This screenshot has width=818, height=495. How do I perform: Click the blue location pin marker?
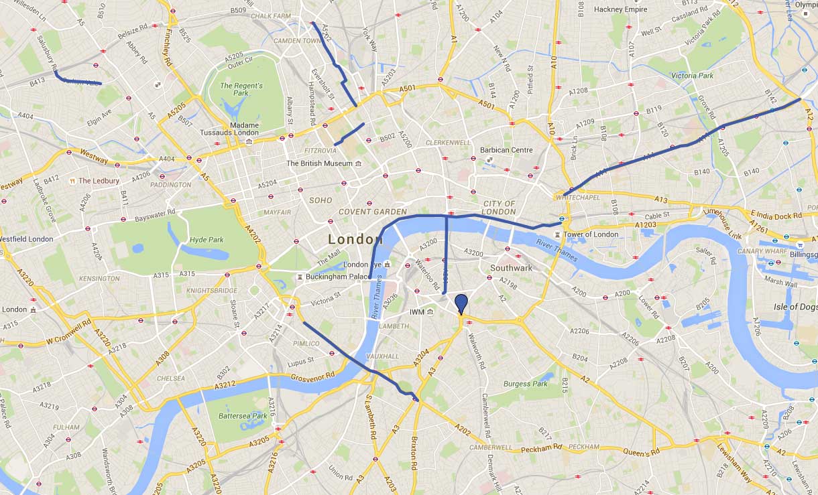pyautogui.click(x=461, y=303)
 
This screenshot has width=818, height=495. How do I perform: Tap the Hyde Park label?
pyautogui.click(x=207, y=240)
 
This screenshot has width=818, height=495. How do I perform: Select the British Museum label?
pyautogui.click(x=319, y=163)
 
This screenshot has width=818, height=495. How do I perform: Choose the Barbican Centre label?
pyautogui.click(x=506, y=150)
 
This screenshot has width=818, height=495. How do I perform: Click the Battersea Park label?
pyautogui.click(x=242, y=416)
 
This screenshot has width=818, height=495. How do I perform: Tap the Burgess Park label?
pyautogui.click(x=526, y=384)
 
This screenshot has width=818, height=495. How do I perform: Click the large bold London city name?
pyautogui.click(x=355, y=239)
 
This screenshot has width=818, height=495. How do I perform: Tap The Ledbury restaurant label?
pyautogui.click(x=98, y=181)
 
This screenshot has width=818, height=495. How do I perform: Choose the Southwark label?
pyautogui.click(x=511, y=268)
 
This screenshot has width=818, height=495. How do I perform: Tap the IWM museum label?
pyautogui.click(x=416, y=312)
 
